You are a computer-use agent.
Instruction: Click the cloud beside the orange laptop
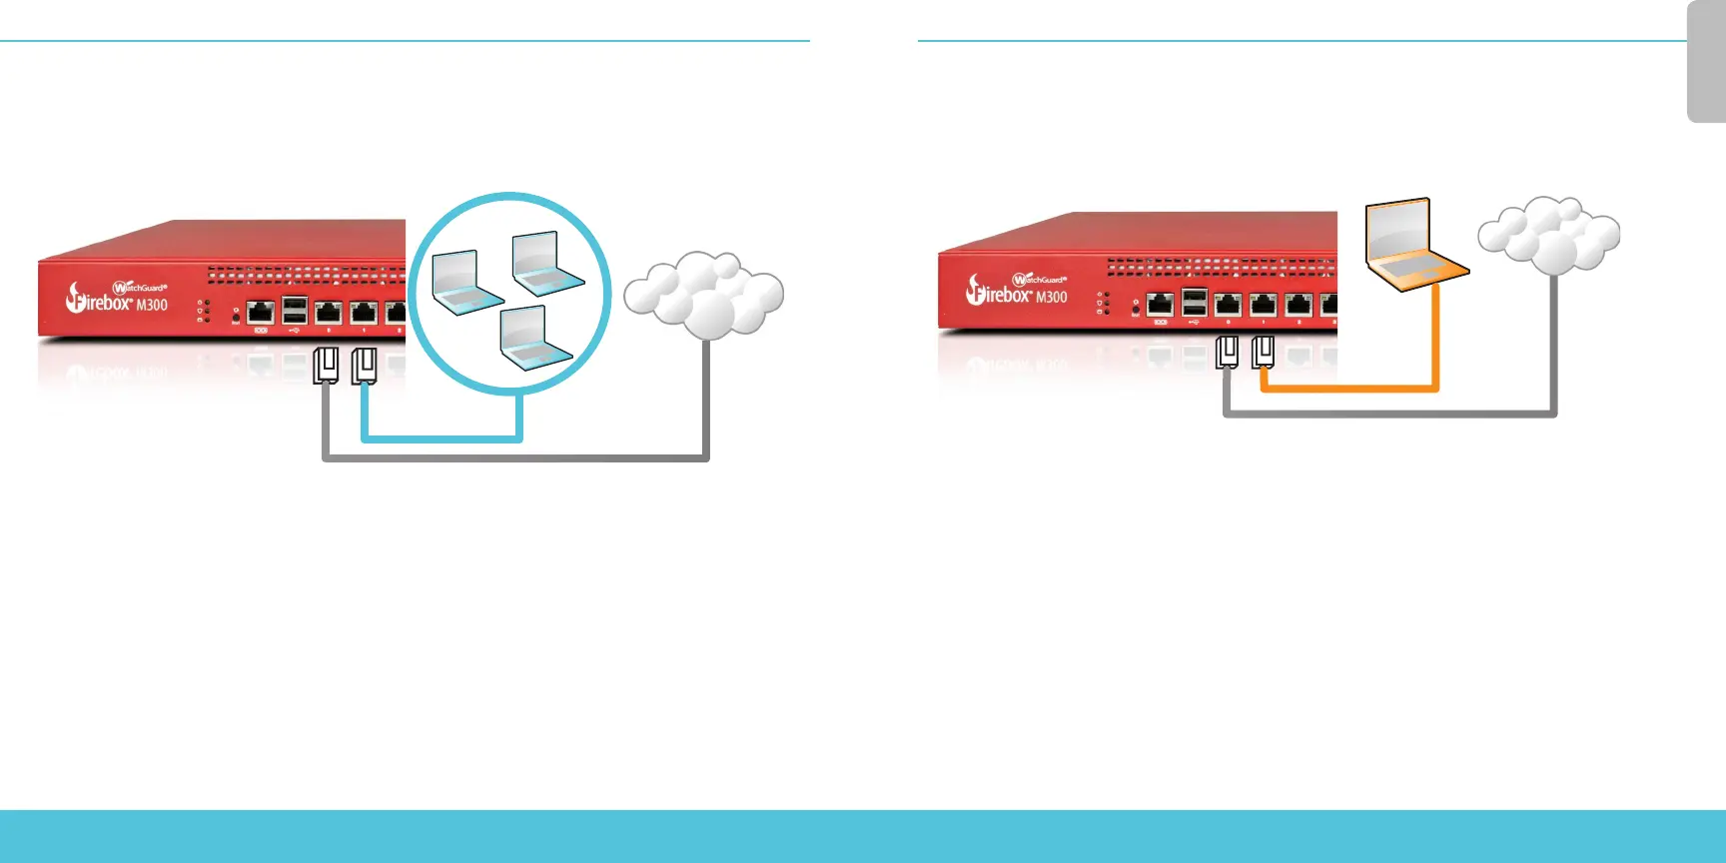point(1549,237)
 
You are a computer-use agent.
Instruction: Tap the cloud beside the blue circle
point(705,294)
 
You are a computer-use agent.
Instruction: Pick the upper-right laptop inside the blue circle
point(545,265)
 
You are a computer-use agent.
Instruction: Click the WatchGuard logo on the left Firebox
point(139,288)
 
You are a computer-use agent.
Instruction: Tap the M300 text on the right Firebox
point(1051,297)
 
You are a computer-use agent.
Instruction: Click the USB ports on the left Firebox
point(295,310)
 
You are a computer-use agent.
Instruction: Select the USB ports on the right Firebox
point(1195,302)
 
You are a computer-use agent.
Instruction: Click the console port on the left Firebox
point(261,313)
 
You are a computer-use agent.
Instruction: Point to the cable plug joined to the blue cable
point(364,366)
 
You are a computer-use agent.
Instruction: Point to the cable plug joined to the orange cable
point(1264,352)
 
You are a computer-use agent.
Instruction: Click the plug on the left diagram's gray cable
point(326,366)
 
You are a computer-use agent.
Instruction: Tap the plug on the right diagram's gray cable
point(1228,352)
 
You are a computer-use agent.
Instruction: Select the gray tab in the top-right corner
point(1707,62)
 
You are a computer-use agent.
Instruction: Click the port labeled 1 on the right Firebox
point(1264,305)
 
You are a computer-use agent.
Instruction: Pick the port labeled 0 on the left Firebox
point(329,313)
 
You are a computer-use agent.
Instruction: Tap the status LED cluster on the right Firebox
point(1103,303)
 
